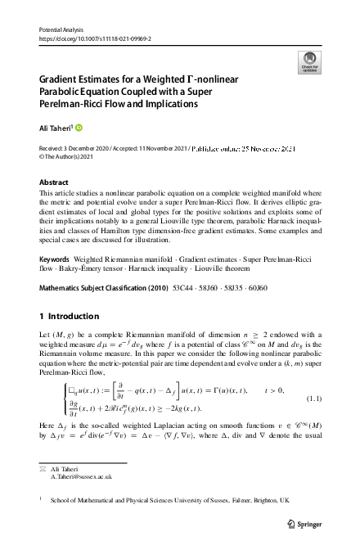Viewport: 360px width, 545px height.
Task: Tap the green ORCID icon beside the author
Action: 79,127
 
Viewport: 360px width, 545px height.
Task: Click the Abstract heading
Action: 54,182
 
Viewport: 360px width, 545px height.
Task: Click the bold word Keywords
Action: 56,258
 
